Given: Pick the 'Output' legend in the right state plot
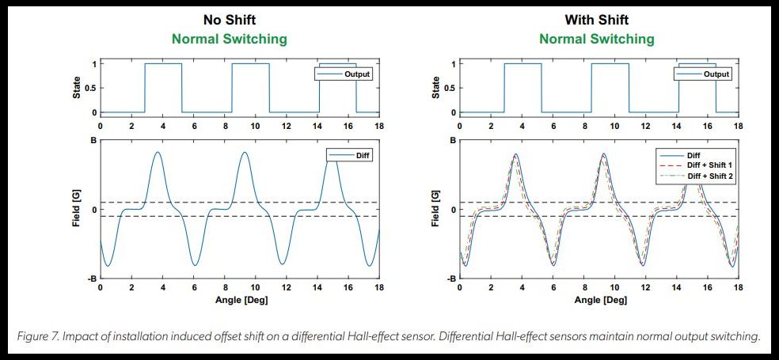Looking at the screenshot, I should pyautogui.click(x=715, y=74).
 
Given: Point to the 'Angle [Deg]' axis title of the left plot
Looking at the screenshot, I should pyautogui.click(x=239, y=301).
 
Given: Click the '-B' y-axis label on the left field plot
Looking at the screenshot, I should pyautogui.click(x=92, y=279).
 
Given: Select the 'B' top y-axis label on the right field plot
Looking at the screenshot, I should pyautogui.click(x=454, y=140).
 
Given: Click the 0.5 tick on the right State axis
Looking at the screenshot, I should pyautogui.click(x=450, y=88).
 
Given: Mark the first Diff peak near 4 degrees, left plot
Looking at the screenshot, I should pyautogui.click(x=158, y=152).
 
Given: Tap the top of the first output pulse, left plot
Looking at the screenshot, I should pyautogui.click(x=163, y=63).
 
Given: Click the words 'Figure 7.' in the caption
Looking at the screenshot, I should pyautogui.click(x=38, y=336).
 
